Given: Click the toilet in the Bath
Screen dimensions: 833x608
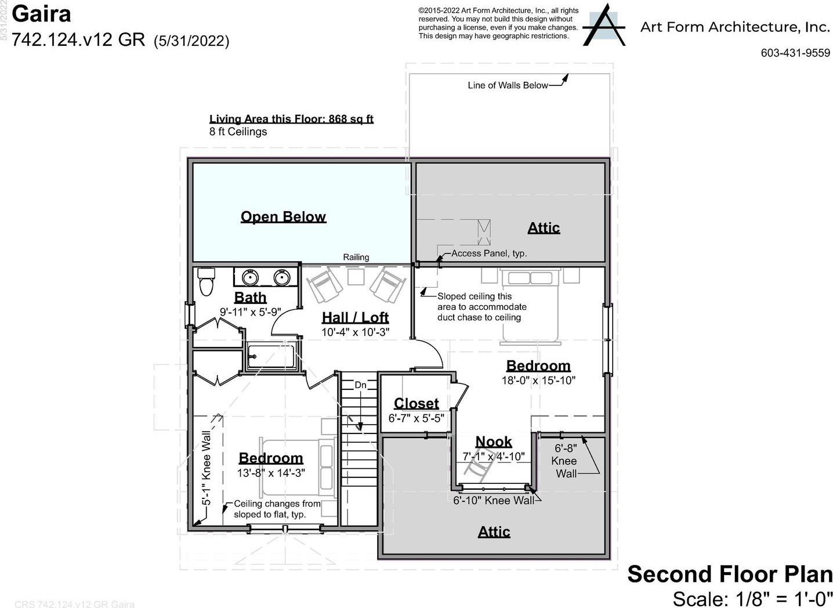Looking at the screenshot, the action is [207, 281].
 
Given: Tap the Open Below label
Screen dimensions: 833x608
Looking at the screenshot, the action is [283, 217].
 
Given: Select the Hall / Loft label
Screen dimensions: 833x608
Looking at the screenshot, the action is [355, 317].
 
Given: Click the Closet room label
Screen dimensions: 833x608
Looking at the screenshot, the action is [416, 403].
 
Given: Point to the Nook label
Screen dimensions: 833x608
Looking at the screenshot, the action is [494, 441].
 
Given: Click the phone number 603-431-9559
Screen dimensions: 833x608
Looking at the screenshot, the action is [795, 53].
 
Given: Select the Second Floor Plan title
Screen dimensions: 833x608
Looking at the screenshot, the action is [730, 574].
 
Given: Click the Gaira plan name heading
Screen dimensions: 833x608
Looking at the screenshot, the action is [41, 14].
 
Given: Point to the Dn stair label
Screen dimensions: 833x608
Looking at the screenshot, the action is [360, 385].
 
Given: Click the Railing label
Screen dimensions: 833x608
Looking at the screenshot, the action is [356, 257].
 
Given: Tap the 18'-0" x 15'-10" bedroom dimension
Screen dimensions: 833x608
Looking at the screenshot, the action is [538, 381].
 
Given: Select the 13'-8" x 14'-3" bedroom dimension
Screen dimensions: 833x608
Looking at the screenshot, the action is [271, 473].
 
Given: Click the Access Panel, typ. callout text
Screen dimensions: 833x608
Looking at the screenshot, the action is [490, 254].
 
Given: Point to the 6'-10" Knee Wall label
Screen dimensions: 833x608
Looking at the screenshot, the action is [494, 501].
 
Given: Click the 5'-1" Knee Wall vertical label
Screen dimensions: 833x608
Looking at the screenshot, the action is [207, 468].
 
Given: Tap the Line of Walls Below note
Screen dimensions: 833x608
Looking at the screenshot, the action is [508, 85].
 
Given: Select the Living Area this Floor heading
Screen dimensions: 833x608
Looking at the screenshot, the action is [291, 119].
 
